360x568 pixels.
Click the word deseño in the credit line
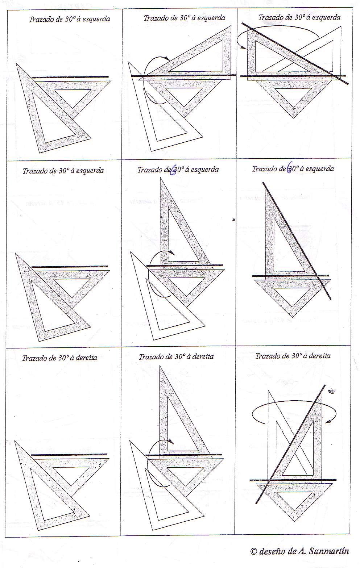click(x=271, y=551)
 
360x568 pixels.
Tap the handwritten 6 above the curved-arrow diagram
click(x=174, y=170)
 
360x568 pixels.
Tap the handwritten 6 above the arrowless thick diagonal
click(x=290, y=169)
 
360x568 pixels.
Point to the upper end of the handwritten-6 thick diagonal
click(x=264, y=183)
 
